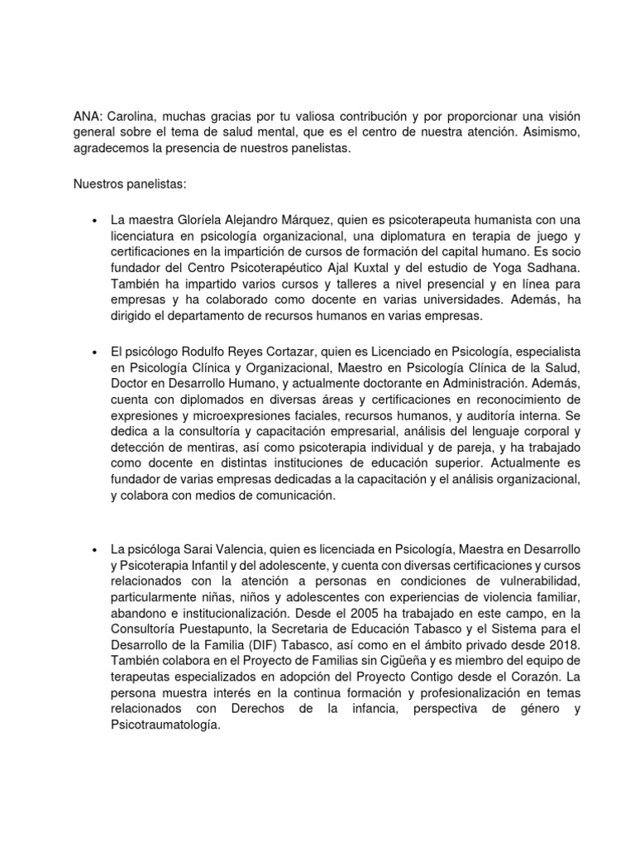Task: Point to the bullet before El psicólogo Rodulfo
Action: pyautogui.click(x=96, y=353)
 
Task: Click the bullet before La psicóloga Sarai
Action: pyautogui.click(x=96, y=549)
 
